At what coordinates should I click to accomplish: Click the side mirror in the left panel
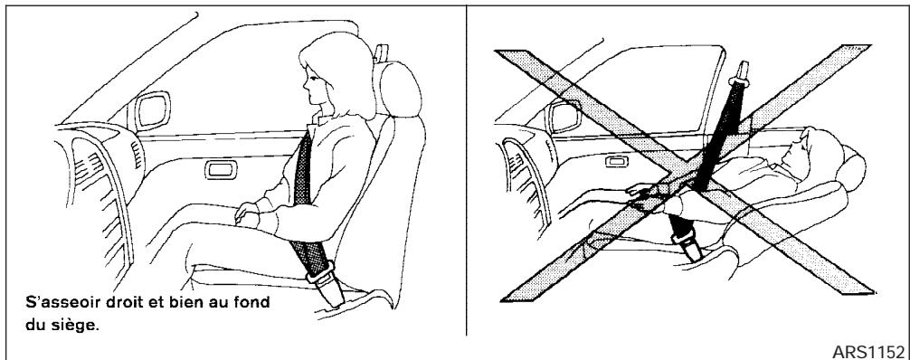[x=147, y=113]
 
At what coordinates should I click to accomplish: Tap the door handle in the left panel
[x=217, y=168]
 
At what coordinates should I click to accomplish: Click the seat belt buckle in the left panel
[x=321, y=271]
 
